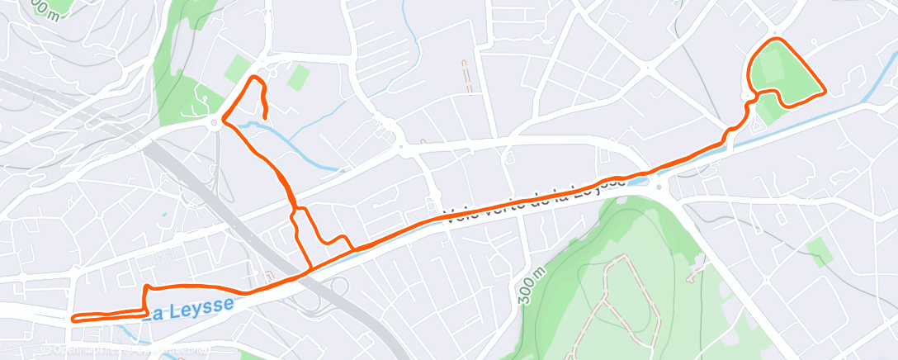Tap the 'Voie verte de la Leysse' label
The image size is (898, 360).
520,203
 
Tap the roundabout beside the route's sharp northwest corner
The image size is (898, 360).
217,123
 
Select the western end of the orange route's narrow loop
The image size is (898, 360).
75,318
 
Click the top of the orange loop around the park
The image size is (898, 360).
776,40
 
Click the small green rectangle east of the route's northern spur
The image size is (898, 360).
298,78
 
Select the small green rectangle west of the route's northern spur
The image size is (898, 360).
238,69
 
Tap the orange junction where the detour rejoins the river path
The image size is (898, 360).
354,249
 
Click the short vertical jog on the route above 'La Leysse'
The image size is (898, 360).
147,296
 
